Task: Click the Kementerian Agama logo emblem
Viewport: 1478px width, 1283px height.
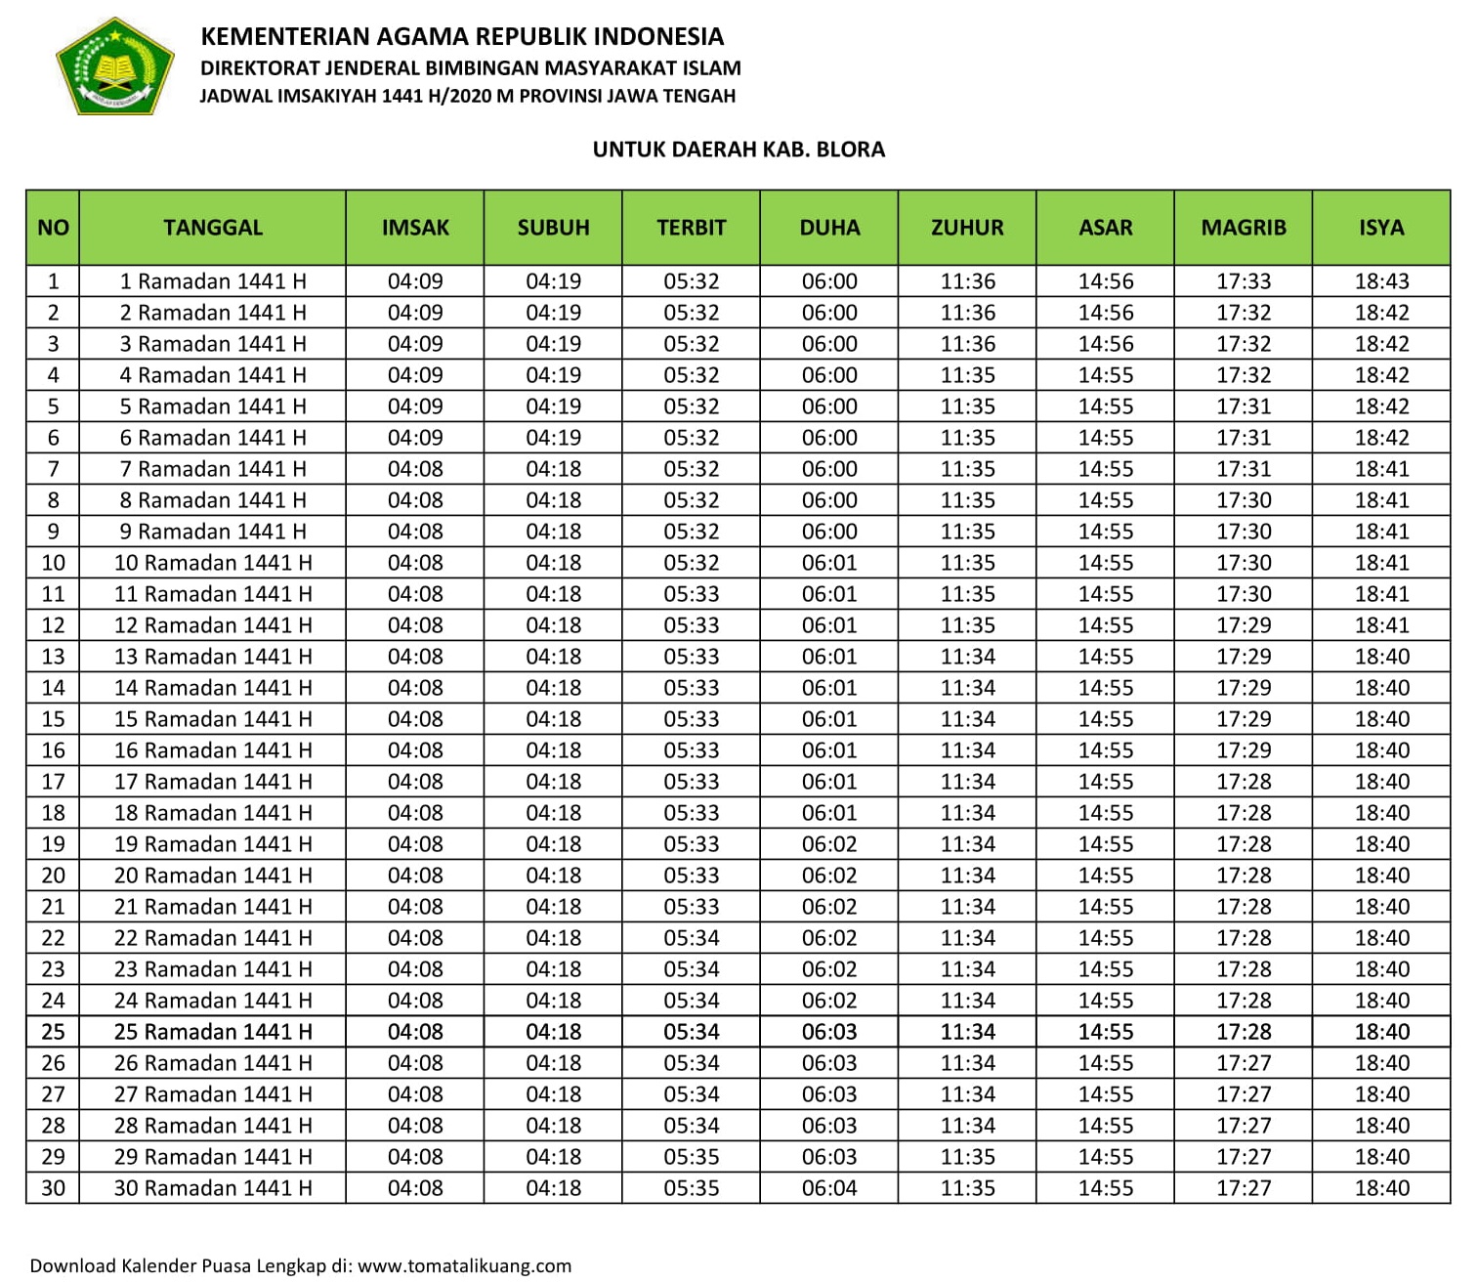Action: coord(115,66)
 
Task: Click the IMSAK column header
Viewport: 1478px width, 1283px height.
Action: coord(415,228)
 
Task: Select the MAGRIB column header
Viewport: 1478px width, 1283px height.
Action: coord(1243,228)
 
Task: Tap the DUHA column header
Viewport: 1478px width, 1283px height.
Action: coord(829,228)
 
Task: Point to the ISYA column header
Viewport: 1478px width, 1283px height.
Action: coord(1381,228)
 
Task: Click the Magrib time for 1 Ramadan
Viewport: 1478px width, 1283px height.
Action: coord(1244,281)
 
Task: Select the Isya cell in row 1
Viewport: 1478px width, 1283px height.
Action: coord(1381,281)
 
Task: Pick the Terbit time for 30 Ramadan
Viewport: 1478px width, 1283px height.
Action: coord(692,1188)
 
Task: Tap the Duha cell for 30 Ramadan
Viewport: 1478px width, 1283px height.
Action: coord(829,1188)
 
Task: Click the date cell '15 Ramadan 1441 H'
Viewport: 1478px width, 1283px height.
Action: coord(213,719)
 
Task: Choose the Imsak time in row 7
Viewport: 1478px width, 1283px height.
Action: coord(415,469)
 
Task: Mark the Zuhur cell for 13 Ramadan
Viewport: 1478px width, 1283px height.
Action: coord(967,657)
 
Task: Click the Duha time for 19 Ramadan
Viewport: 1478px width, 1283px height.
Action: coord(829,844)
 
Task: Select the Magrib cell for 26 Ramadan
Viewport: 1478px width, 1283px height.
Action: coord(1244,1063)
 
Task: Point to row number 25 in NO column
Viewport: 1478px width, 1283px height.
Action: coord(53,1032)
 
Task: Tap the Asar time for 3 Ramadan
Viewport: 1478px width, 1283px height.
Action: coord(1106,344)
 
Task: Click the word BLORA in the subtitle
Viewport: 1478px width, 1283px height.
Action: coord(851,150)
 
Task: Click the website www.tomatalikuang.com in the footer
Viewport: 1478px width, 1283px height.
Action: coord(464,1266)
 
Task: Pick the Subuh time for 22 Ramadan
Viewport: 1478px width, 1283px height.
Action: coord(553,938)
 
